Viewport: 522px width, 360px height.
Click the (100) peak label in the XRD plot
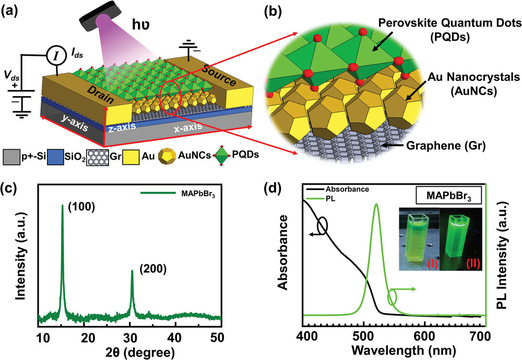pos(81,207)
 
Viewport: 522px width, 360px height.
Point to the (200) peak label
pos(153,269)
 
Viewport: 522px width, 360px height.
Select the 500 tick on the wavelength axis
pos(363,336)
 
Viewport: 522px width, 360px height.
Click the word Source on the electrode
pos(219,74)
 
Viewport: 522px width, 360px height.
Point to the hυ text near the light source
pos(140,24)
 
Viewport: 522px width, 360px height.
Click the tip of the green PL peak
pos(376,204)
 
